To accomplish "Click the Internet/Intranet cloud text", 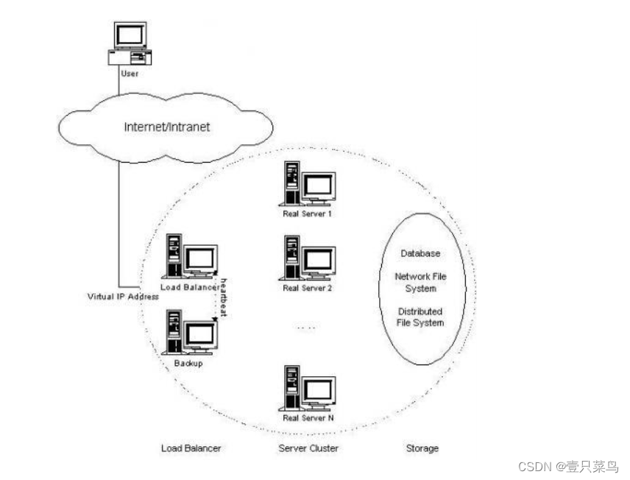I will pos(166,127).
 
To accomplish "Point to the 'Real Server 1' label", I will pos(308,213).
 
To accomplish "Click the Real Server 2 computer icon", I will pos(307,258).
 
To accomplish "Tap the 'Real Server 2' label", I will pos(308,288).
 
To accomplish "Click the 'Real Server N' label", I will pos(308,417).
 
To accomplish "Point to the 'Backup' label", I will pos(189,363).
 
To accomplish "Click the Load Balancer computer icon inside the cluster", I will pos(191,256).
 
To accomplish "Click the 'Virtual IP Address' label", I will pos(123,297).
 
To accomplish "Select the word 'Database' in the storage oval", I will pos(420,253).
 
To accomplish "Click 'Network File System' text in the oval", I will pos(420,283).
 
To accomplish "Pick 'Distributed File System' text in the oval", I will pos(420,317).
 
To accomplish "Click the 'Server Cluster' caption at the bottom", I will pos(308,448).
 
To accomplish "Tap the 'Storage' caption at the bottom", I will pos(422,448).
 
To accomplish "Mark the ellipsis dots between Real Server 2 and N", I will pos(308,327).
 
